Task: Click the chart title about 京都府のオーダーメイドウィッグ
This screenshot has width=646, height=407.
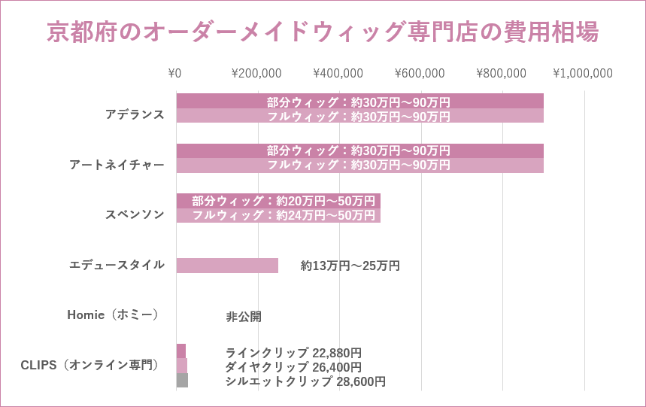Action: pyautogui.click(x=323, y=32)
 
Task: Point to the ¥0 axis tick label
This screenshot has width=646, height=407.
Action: pyautogui.click(x=174, y=74)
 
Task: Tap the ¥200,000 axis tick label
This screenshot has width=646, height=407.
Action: pyautogui.click(x=256, y=74)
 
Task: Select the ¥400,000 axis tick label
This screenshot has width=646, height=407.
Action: pyautogui.click(x=338, y=74)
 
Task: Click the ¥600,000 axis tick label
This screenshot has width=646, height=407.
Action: pyautogui.click(x=420, y=74)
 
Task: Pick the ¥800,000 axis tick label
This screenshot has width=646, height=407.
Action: pyautogui.click(x=501, y=74)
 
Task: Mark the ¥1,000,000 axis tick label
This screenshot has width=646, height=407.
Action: pyautogui.click(x=583, y=74)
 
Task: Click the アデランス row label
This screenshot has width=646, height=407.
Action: pyautogui.click(x=135, y=114)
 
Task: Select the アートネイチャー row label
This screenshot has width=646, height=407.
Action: pyautogui.click(x=117, y=165)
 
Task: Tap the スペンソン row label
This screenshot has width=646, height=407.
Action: pyautogui.click(x=135, y=214)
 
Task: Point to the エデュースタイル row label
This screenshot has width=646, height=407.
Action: pyautogui.click(x=117, y=265)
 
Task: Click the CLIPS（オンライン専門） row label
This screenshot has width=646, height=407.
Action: pyautogui.click(x=92, y=366)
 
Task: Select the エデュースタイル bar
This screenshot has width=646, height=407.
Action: pyautogui.click(x=227, y=266)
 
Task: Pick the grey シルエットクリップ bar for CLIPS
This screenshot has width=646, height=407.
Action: pyautogui.click(x=182, y=381)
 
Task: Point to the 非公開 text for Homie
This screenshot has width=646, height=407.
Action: pyautogui.click(x=244, y=317)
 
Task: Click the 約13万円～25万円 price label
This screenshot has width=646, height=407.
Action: pyautogui.click(x=350, y=266)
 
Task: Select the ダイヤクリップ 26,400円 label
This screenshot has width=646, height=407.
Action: pyautogui.click(x=293, y=367)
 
